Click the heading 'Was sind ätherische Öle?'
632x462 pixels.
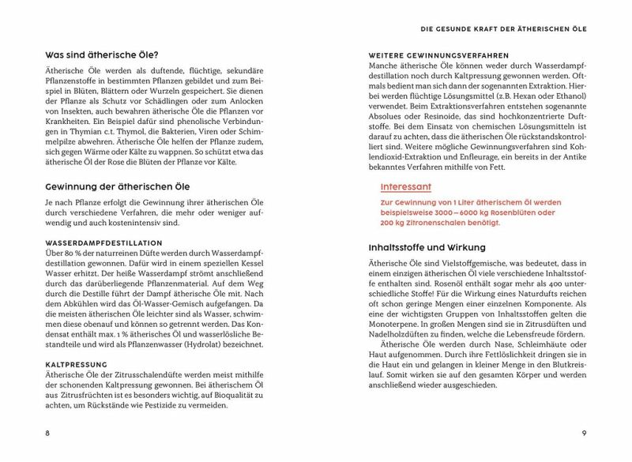point(103,55)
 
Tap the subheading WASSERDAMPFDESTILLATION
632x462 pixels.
point(104,242)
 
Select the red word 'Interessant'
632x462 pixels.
point(406,187)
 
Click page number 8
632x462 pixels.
point(47,433)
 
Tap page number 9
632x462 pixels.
point(584,433)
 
